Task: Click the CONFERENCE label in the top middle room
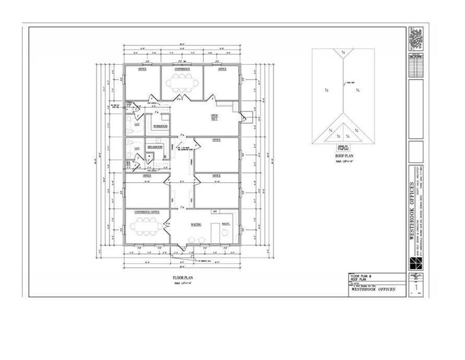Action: (x=182, y=69)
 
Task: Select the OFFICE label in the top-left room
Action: (x=142, y=70)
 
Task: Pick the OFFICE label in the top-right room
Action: (x=222, y=70)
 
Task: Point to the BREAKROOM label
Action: (x=154, y=147)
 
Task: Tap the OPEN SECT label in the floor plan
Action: (x=215, y=117)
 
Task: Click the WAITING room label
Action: (x=196, y=224)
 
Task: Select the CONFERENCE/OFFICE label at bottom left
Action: (x=147, y=212)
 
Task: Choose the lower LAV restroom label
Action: (x=137, y=148)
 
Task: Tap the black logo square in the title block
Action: (x=415, y=262)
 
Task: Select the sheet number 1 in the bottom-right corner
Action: (x=416, y=287)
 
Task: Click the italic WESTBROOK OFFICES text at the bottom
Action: (x=372, y=289)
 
